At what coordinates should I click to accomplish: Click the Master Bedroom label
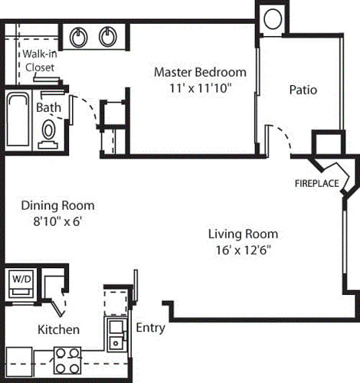[200, 72]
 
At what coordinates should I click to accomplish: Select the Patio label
[303, 90]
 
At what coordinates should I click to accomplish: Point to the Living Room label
[243, 234]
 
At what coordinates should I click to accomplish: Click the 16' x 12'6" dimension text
[243, 249]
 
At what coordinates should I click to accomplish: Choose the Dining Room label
[57, 205]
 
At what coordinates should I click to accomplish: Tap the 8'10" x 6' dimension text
[57, 221]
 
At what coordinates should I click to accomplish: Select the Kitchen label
[59, 329]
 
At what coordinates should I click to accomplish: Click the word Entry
[150, 328]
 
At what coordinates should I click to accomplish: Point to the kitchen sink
[116, 334]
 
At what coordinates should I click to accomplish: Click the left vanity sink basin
[79, 36]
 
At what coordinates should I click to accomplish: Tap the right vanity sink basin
[106, 36]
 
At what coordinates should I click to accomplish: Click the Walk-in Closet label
[38, 61]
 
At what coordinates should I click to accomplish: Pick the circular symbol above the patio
[272, 19]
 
